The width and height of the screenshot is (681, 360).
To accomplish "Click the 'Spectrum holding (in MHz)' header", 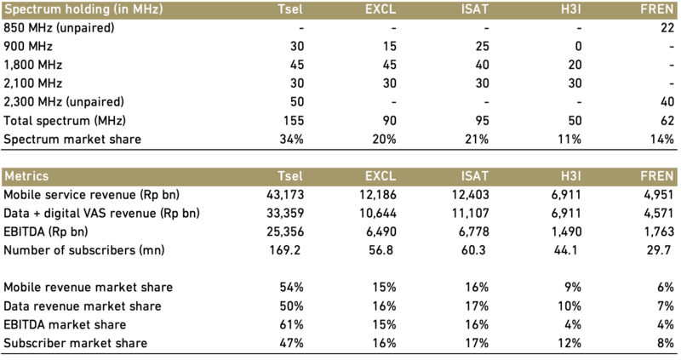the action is (x=83, y=9).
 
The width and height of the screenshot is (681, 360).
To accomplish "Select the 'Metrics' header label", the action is (x=26, y=176).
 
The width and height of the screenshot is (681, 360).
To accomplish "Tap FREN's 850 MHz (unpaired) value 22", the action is (x=667, y=28).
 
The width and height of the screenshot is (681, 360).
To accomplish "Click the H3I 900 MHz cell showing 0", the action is (x=577, y=47).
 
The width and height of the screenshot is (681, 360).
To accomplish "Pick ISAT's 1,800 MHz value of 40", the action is (x=482, y=66).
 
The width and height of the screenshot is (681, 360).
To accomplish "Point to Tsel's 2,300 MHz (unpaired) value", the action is (x=297, y=102).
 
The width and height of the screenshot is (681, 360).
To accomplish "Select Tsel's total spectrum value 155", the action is (x=294, y=121).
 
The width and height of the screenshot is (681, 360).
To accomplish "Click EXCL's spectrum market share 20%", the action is (x=385, y=140).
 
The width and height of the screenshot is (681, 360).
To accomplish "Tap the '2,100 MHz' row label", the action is (x=33, y=83).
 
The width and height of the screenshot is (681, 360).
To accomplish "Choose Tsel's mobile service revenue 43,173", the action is (x=285, y=195).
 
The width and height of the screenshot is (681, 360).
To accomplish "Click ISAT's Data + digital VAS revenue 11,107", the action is (x=471, y=214).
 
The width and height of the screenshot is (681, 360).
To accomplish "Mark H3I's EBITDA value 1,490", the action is (x=566, y=231).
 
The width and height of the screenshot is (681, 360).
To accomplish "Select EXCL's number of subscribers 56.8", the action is (x=381, y=250).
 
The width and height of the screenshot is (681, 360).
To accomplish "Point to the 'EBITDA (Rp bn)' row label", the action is (x=46, y=231).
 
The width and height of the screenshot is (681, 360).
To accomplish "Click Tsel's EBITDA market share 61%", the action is (x=292, y=325).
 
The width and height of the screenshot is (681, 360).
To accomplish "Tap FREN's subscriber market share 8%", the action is (x=666, y=344).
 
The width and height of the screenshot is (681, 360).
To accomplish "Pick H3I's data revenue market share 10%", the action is (x=569, y=306).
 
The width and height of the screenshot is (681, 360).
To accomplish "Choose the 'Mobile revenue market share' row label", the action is (x=89, y=288).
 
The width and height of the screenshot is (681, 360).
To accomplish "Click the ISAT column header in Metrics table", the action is (x=475, y=176).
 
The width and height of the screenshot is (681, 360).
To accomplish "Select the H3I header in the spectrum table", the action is (x=570, y=9).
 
